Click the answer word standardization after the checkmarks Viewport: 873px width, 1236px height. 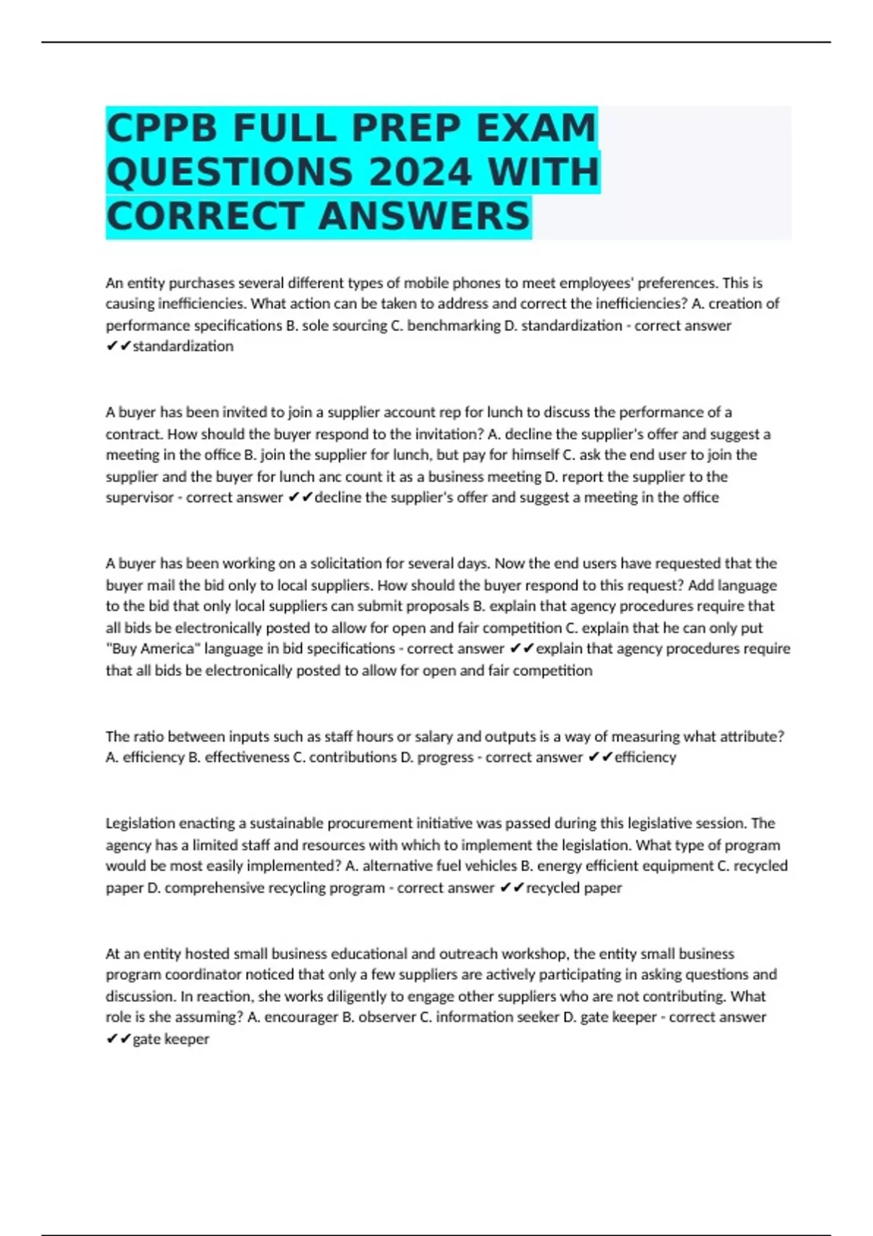[x=183, y=346]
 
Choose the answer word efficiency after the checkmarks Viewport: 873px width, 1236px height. [x=645, y=757]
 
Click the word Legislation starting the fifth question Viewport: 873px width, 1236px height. [x=140, y=823]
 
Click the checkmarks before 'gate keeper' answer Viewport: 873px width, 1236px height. [x=118, y=1039]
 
